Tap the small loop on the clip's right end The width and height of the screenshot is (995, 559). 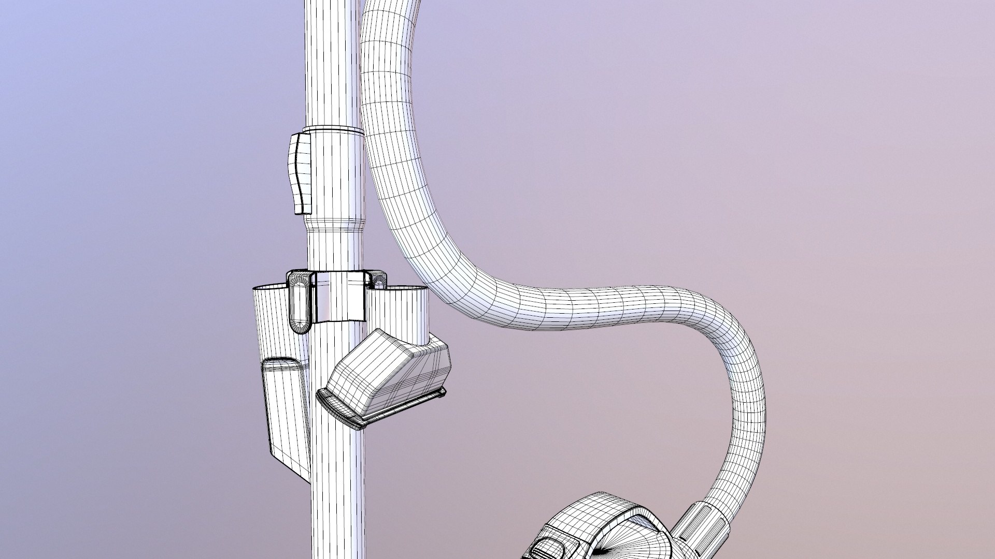pyautogui.click(x=377, y=279)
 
